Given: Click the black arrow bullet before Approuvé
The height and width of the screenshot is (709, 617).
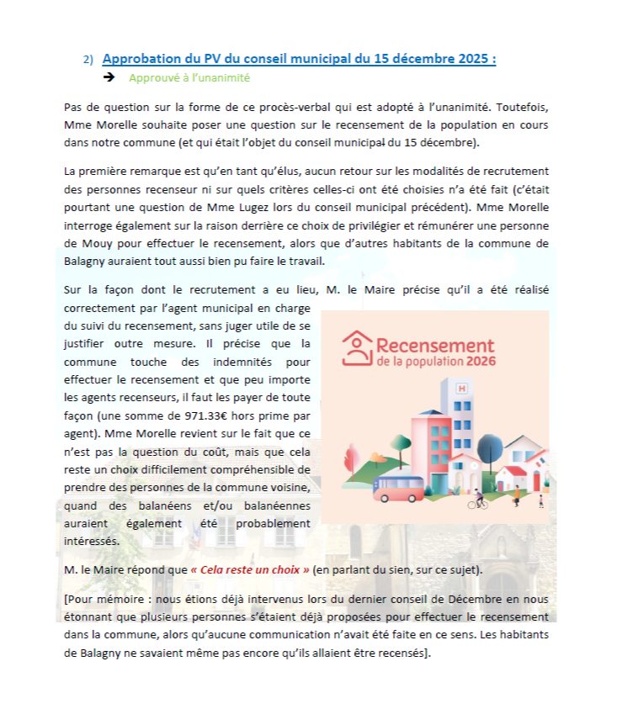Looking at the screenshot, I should click(x=109, y=77).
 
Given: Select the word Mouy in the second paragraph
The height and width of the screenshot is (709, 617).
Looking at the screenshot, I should click(x=79, y=244).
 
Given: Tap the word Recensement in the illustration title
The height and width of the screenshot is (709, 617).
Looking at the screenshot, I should click(x=435, y=346).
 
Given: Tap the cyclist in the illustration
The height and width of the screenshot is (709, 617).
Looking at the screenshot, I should click(x=478, y=500).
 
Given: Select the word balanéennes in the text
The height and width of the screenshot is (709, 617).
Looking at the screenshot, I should click(x=269, y=505).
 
